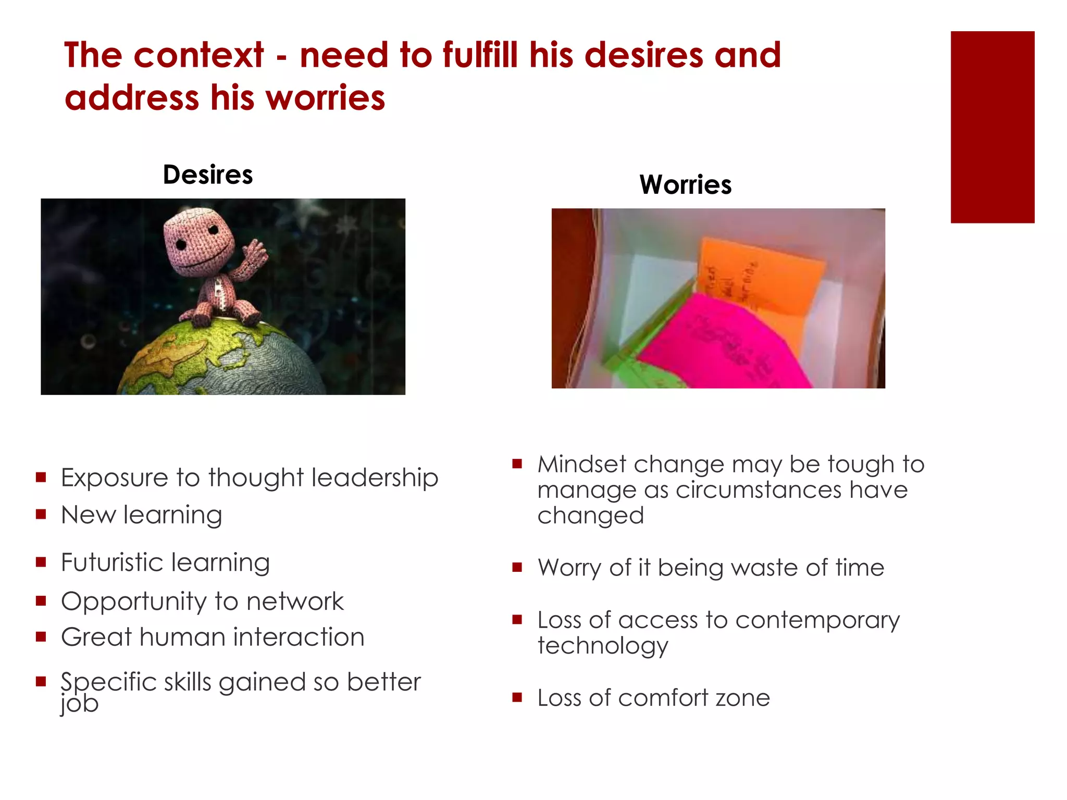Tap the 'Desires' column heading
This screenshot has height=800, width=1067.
coord(207,174)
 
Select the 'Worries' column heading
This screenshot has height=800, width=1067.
coord(685,185)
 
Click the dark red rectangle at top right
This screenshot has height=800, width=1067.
coord(992,127)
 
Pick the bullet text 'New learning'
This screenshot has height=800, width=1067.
coord(141,515)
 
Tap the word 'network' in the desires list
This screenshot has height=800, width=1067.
coord(295,602)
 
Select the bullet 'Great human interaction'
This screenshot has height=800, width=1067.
coord(213,637)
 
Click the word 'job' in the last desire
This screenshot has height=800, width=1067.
coord(79,704)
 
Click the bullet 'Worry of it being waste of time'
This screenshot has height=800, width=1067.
coord(711,568)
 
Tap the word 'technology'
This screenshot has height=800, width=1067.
coord(602,646)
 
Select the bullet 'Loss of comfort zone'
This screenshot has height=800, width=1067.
coord(653,698)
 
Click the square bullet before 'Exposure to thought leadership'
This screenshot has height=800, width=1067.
coord(41,477)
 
